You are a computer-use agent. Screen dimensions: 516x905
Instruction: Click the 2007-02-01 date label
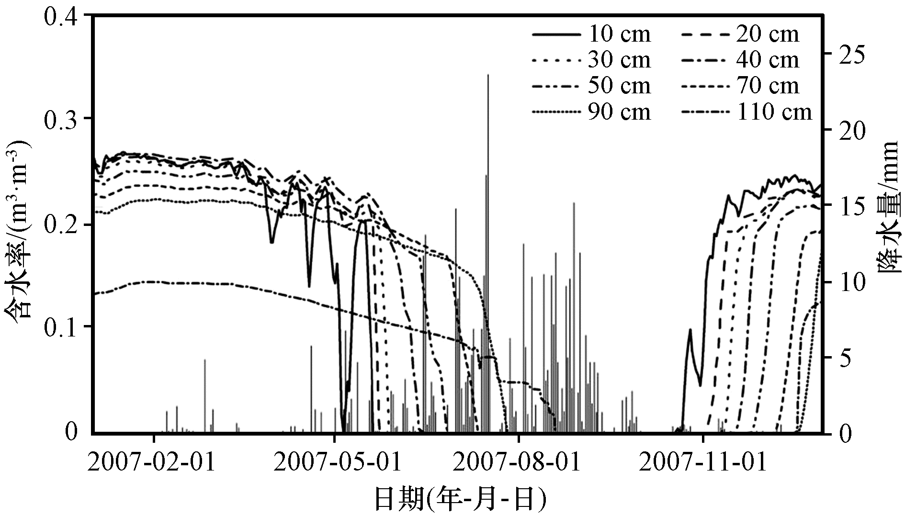pos(152,462)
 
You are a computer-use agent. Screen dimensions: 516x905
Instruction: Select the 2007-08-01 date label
pos(518,462)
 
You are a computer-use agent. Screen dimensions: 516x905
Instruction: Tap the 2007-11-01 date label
pos(702,462)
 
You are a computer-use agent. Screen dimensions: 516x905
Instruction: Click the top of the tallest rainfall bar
pos(488,75)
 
